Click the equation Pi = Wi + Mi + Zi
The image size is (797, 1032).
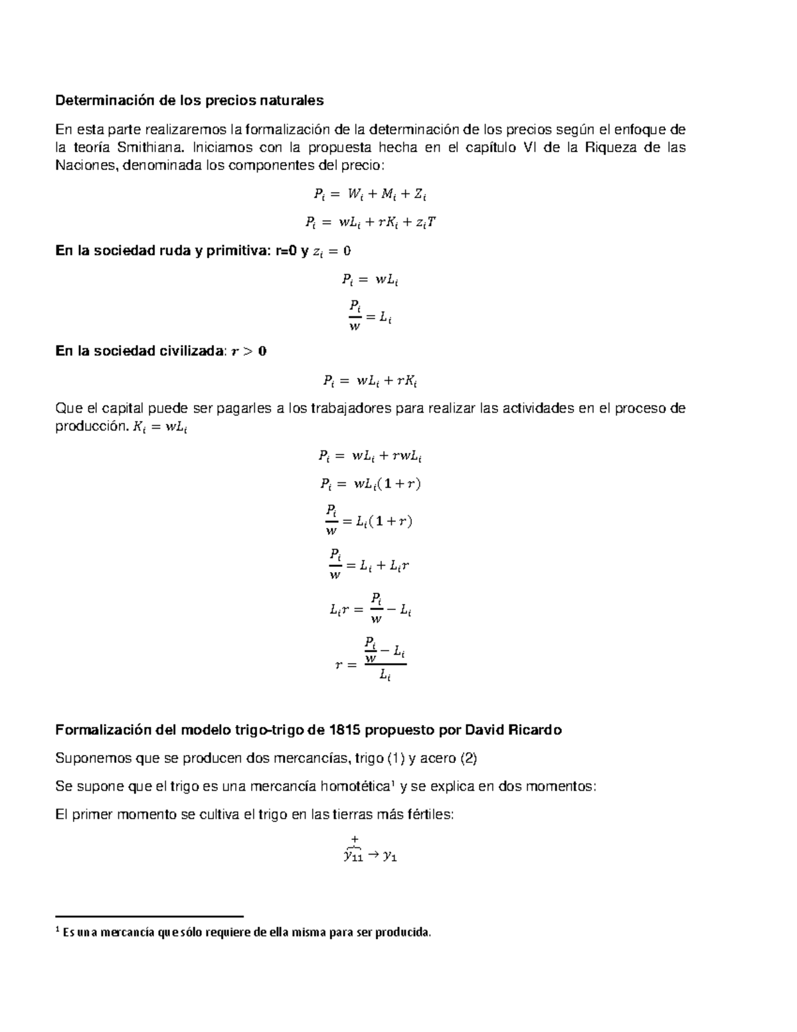click(x=370, y=195)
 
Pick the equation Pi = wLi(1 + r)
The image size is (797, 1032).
click(x=370, y=484)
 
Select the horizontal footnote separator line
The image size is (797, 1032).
click(x=149, y=916)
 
